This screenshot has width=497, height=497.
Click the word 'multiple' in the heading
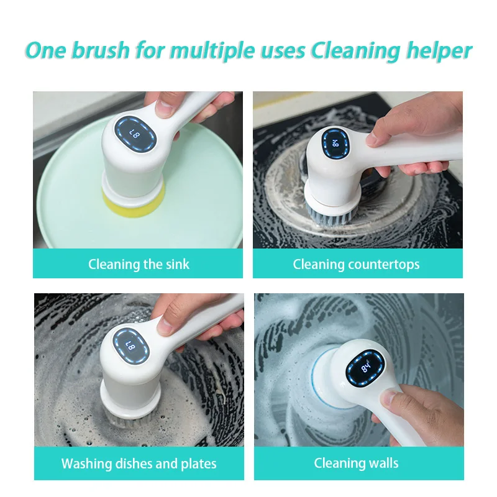pyautogui.click(x=204, y=50)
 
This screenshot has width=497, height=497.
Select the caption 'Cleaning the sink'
pyautogui.click(x=139, y=264)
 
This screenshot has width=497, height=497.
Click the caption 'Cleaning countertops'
pyautogui.click(x=356, y=264)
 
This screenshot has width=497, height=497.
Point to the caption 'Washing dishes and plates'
pyautogui.click(x=139, y=463)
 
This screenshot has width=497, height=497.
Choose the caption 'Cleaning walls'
pyautogui.click(x=356, y=463)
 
